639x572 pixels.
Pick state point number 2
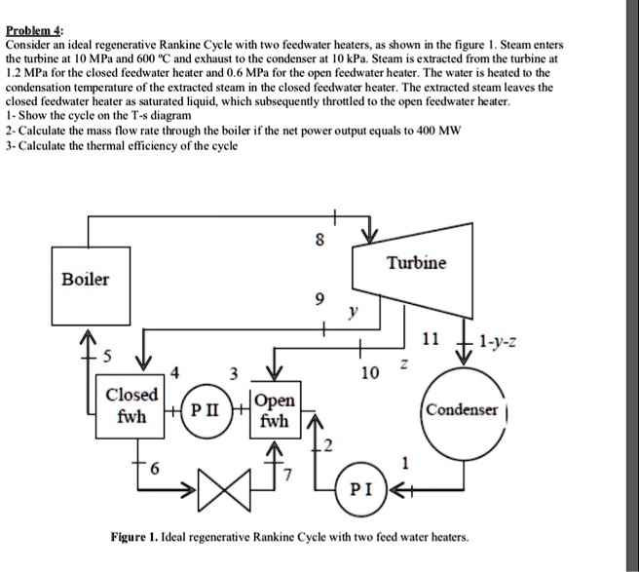[x=329, y=446]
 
